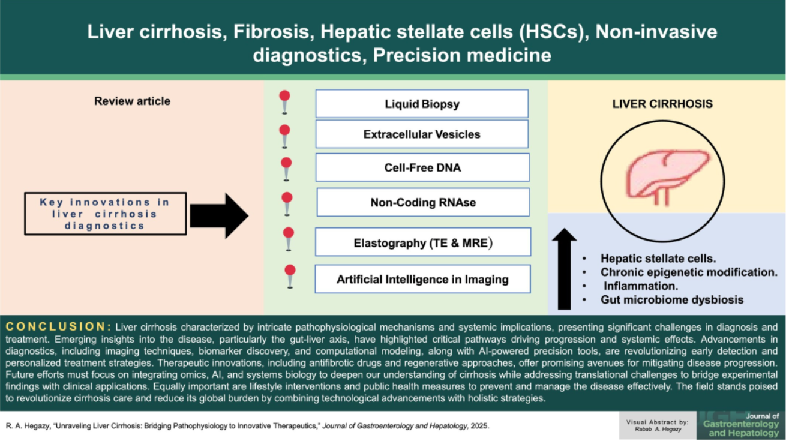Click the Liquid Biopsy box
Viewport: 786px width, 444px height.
[x=422, y=104]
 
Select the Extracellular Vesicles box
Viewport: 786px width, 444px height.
[x=422, y=134]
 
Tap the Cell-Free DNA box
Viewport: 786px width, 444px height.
[x=422, y=167]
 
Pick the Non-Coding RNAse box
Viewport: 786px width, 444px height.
[x=423, y=202]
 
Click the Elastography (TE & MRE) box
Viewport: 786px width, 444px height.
[x=423, y=242]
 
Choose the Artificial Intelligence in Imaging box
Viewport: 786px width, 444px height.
[x=422, y=279]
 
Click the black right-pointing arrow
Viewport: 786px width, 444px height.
[x=218, y=215]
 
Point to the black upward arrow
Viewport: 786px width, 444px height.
[x=564, y=269]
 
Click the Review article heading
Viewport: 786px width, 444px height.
[x=132, y=101]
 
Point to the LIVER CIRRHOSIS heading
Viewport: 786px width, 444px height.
[x=662, y=104]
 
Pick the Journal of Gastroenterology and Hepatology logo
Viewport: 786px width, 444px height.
[x=739, y=424]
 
